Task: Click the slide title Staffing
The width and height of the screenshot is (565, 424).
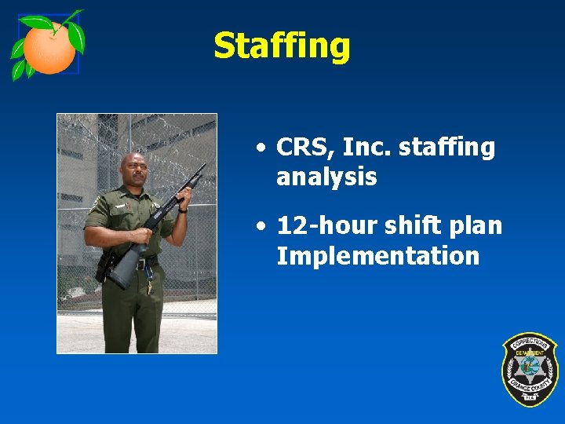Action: pyautogui.click(x=281, y=46)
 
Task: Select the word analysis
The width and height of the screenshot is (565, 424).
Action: pyautogui.click(x=326, y=177)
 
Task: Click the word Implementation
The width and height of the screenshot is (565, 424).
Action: pyautogui.click(x=377, y=256)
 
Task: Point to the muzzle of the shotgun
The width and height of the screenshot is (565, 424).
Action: pyautogui.click(x=203, y=166)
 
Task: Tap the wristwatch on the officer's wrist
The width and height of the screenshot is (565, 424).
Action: pyautogui.click(x=182, y=209)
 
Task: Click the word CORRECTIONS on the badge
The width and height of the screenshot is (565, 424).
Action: pyautogui.click(x=530, y=343)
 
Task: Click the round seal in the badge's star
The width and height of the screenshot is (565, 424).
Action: pyautogui.click(x=530, y=367)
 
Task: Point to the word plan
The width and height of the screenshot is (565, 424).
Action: pyautogui.click(x=472, y=225)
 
